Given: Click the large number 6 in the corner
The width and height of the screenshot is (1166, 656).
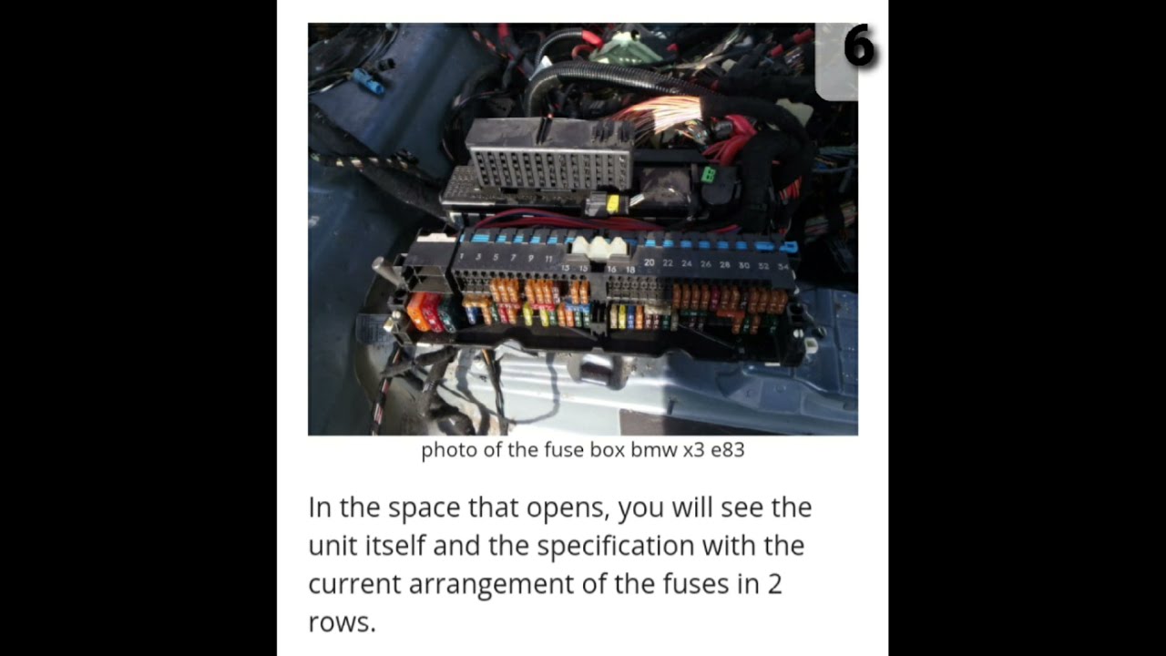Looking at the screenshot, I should pyautogui.click(x=858, y=47).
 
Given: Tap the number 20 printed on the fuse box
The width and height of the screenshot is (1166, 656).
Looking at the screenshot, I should pyautogui.click(x=649, y=262).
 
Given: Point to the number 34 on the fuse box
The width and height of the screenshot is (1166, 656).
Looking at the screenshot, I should pyautogui.click(x=783, y=267).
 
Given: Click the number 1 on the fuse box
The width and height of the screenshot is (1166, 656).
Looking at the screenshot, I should pyautogui.click(x=463, y=257).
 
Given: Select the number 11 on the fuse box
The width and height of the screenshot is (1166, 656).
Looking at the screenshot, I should pyautogui.click(x=548, y=259).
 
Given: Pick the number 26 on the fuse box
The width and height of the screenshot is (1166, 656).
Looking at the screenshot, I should pyautogui.click(x=705, y=264).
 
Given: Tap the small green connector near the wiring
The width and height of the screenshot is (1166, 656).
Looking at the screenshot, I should pyautogui.click(x=708, y=174).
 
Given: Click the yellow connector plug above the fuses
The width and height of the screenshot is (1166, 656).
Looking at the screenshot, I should pyautogui.click(x=612, y=203).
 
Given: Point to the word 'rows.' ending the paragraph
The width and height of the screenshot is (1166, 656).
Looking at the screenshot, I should pyautogui.click(x=342, y=623).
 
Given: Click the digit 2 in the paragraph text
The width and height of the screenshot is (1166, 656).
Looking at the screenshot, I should pyautogui.click(x=773, y=584).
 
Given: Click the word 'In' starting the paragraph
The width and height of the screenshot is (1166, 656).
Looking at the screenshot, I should pyautogui.click(x=320, y=507).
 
